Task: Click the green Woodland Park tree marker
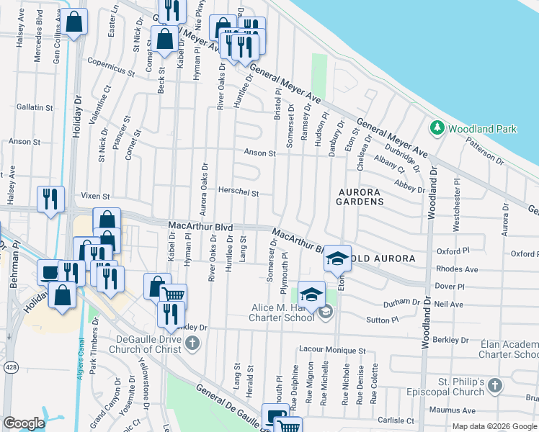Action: click(x=437, y=128)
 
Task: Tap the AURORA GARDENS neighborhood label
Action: click(x=360, y=197)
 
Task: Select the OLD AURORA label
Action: click(x=383, y=258)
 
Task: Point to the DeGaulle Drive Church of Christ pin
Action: click(x=192, y=343)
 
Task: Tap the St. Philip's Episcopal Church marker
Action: click(x=494, y=385)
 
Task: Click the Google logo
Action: click(x=24, y=423)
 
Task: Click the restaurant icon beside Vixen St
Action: click(x=50, y=199)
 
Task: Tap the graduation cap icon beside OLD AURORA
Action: click(x=337, y=257)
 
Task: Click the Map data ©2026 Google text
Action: click(x=494, y=426)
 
